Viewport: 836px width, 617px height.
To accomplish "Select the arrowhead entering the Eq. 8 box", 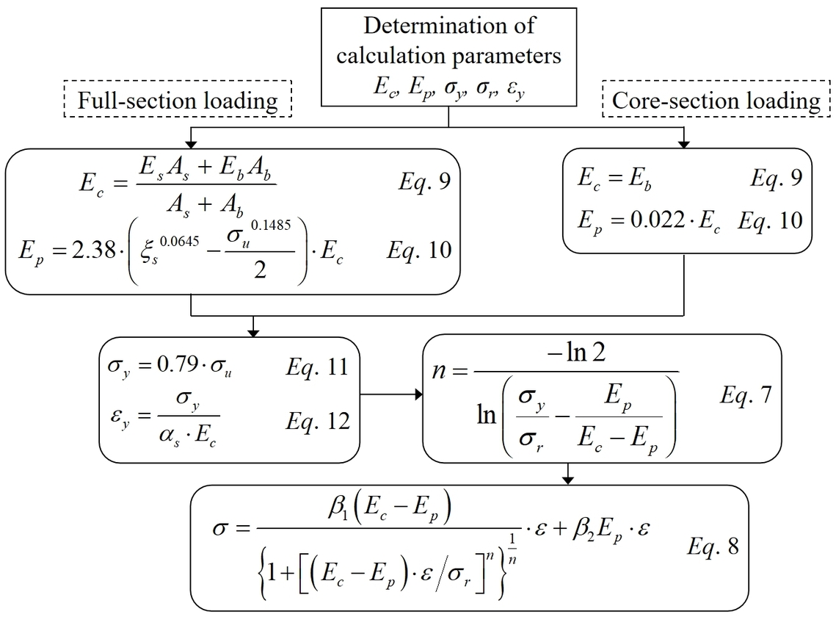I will click(x=567, y=480).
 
